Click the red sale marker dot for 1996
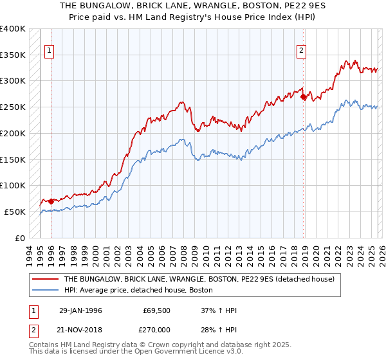point(51,201)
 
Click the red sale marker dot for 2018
point(303,97)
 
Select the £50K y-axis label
point(15,212)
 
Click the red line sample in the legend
point(45,280)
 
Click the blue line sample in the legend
point(45,291)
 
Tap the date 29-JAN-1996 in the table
point(80,310)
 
